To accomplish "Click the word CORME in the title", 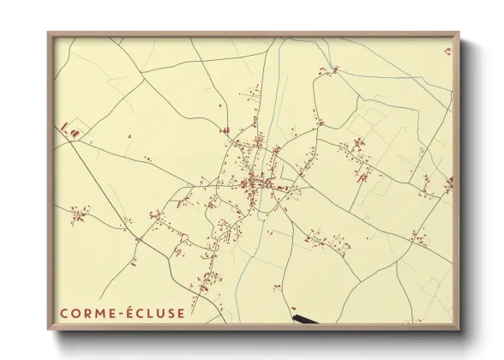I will [86, 313].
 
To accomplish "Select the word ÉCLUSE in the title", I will [153, 313].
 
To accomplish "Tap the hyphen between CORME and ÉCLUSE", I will [119, 313].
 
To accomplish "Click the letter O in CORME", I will [75, 313].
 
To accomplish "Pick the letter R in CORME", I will [87, 313].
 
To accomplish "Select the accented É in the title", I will [128, 312].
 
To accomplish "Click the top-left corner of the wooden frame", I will [49, 33].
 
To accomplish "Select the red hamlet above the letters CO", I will [79, 214].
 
